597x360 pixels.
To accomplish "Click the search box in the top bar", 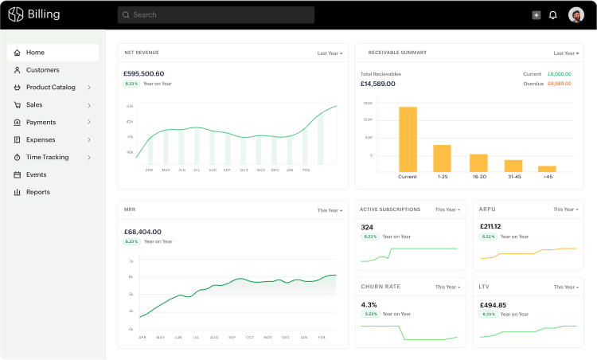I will coord(215,14).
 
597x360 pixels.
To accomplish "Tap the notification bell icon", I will coord(553,14).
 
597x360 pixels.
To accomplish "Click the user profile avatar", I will coord(576,14).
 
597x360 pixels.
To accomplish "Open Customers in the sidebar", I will coord(42,70).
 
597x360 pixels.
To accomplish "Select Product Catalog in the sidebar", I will coord(51,88).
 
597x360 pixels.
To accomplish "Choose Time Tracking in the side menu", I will coord(47,157).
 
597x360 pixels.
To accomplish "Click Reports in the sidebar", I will coord(37,192).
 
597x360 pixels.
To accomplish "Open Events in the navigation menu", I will coord(36,174).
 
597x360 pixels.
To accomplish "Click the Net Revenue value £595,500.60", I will coord(144,73).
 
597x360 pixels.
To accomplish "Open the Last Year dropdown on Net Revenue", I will coord(330,53).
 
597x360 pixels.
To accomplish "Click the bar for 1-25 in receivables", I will coord(442,158).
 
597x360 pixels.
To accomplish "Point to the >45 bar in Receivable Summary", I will coord(547,168).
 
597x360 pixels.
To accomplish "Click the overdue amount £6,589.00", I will coord(559,84).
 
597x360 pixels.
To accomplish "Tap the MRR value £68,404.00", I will coord(142,232).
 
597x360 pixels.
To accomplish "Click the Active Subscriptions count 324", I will coord(367,227).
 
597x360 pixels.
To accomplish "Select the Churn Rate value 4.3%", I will coord(369,304).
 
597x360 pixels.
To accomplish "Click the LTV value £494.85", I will coord(493,304).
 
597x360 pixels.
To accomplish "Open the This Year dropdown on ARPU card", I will coord(564,209).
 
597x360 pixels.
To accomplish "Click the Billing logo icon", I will coord(15,14).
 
